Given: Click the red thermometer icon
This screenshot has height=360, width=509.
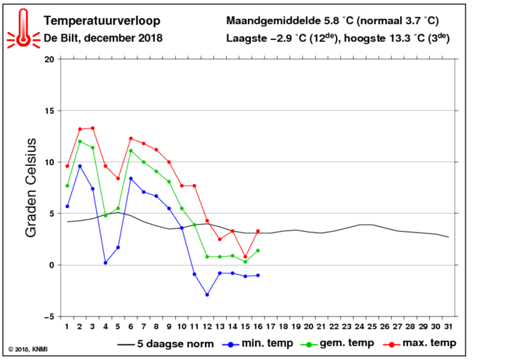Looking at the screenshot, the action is [x=23, y=28].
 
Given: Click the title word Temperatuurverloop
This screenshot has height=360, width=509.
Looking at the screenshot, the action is [x=102, y=21].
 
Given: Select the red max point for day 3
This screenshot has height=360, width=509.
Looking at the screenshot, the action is [x=92, y=128].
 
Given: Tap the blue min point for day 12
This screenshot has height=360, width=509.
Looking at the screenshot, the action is [x=207, y=295].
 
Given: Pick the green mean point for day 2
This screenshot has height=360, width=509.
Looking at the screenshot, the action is [x=80, y=142].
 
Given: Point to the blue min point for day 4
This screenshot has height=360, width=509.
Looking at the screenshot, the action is [x=105, y=263].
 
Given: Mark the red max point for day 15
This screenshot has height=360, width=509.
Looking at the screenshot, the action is [x=246, y=257].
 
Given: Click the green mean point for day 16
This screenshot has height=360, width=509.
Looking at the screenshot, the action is [x=258, y=251].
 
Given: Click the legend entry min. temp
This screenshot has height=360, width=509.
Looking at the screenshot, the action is [x=257, y=343].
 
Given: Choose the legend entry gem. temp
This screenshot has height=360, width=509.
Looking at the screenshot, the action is [x=337, y=343].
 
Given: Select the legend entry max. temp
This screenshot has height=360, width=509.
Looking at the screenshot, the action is [x=420, y=343].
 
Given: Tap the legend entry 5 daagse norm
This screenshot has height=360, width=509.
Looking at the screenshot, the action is [x=166, y=344].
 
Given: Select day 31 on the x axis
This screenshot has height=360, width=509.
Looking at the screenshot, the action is [x=449, y=327].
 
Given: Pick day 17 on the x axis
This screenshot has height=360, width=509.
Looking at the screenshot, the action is [x=270, y=327].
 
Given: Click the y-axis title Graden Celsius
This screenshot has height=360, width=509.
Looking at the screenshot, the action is [x=31, y=188].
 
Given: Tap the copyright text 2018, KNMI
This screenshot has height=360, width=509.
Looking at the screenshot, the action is [x=28, y=350].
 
